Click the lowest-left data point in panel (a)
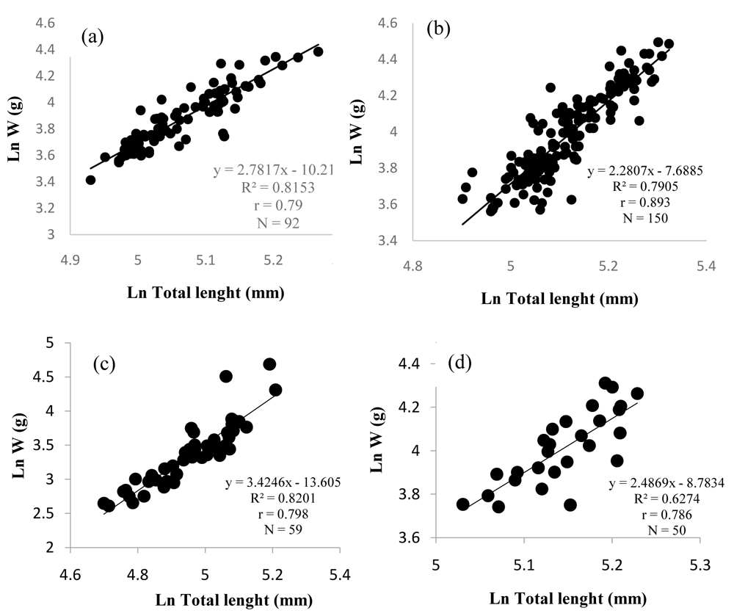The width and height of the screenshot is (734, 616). (x=91, y=180)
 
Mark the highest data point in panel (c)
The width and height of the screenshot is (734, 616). (x=269, y=365)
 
